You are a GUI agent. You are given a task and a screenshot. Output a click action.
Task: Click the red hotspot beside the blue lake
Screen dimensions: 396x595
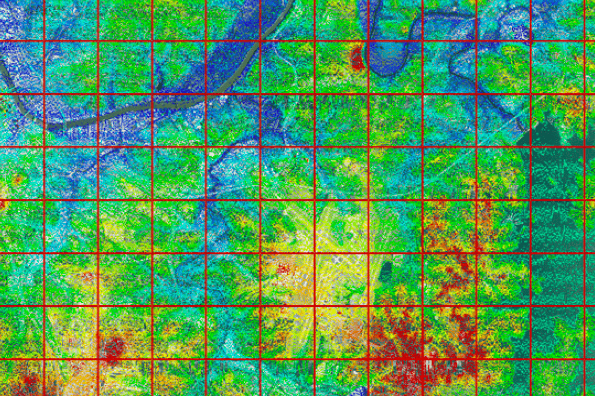357,58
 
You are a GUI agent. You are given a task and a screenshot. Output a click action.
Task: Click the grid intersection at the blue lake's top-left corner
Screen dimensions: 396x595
368,41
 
